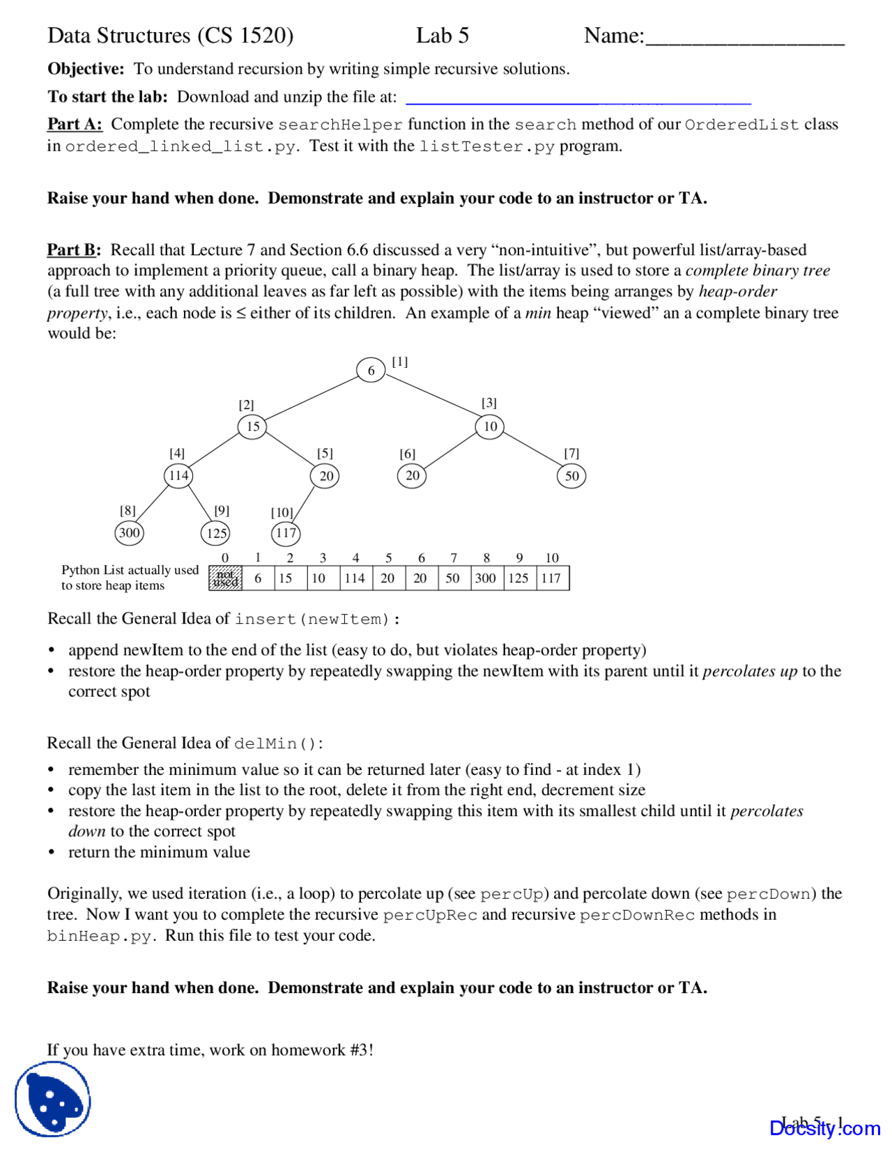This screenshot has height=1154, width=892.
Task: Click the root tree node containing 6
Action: coord(371,370)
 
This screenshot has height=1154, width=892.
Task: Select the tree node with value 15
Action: coord(252,426)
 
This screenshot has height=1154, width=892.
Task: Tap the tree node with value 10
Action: coord(490,426)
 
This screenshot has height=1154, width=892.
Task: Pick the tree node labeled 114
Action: coord(178,475)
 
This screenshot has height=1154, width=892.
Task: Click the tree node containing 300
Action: coord(129,533)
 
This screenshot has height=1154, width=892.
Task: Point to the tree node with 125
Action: coord(215,533)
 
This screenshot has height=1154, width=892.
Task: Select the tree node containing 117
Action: coord(285,533)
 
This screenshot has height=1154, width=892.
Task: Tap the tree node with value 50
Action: coord(571,476)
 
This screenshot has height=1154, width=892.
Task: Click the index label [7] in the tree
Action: coord(571,453)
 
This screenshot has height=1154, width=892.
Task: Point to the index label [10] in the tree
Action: coord(282,512)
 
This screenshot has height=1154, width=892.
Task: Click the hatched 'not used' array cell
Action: coord(225,578)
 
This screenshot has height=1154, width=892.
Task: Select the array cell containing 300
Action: coord(486,578)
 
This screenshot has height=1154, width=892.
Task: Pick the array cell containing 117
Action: coord(552,578)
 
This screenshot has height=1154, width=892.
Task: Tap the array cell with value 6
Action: coord(258,578)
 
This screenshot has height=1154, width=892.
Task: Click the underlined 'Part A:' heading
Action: coord(75,124)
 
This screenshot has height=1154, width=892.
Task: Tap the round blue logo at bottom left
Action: coord(53,1099)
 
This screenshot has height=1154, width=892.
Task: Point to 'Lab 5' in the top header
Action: coord(442,36)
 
